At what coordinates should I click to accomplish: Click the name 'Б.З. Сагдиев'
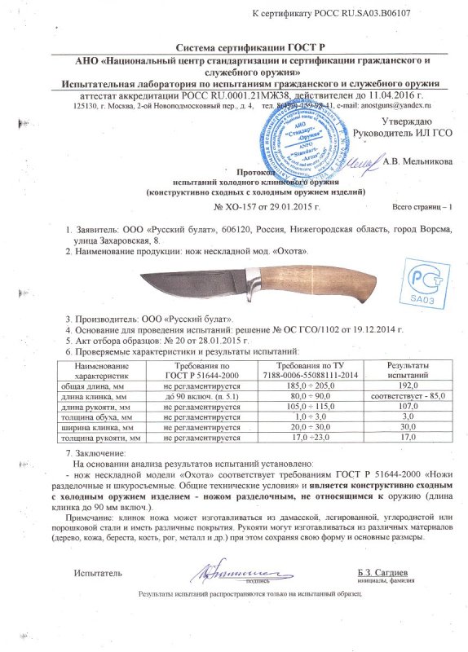click(384, 574)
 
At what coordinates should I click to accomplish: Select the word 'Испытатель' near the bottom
click(98, 574)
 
